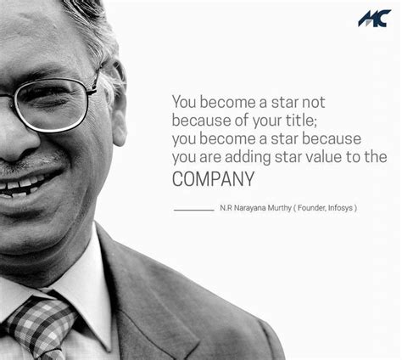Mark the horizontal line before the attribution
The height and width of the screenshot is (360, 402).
pyautogui.click(x=193, y=209)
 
